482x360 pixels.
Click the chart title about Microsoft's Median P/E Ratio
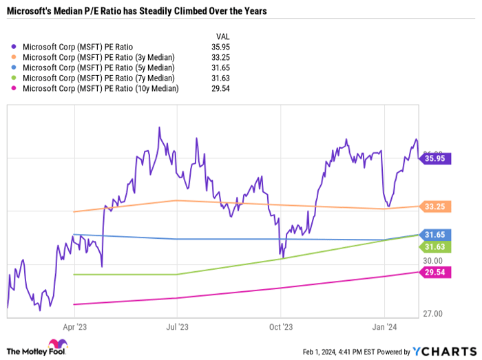[138, 12]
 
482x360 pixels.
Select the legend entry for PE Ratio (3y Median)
[98, 57]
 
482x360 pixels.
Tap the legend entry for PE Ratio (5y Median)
[98, 67]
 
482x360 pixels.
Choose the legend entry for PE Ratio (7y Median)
[98, 78]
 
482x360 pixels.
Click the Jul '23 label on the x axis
[177, 328]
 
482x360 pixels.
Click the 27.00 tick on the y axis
[433, 314]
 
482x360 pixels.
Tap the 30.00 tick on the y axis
[433, 261]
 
